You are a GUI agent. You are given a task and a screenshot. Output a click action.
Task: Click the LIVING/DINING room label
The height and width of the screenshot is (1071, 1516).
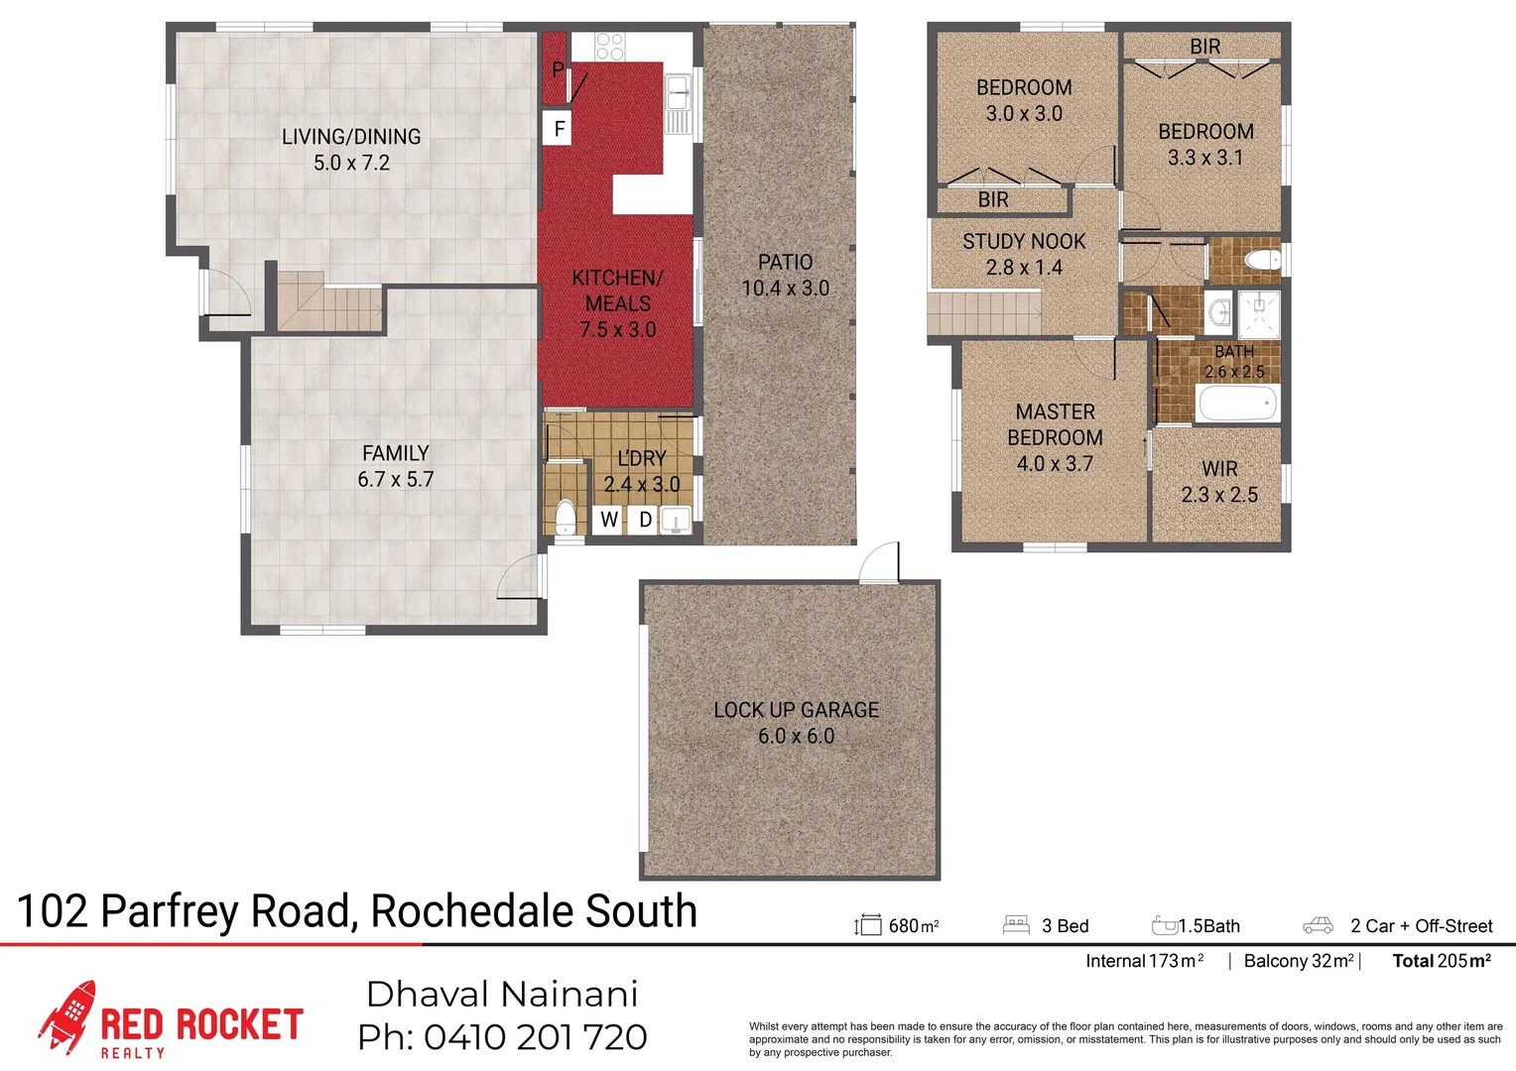point(351,137)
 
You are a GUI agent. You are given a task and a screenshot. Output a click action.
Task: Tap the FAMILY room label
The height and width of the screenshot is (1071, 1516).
point(395,453)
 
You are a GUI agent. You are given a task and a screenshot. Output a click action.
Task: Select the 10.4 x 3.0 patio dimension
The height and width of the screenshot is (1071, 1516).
point(785,289)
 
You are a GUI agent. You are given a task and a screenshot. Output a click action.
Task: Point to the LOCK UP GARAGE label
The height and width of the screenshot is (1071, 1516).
point(796,710)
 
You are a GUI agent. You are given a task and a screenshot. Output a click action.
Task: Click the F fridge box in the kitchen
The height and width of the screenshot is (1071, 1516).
point(559,129)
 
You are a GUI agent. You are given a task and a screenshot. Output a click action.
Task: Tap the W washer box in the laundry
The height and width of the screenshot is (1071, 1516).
point(608,519)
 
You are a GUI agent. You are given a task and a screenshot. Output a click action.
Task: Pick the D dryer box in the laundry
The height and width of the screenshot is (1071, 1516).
point(645,519)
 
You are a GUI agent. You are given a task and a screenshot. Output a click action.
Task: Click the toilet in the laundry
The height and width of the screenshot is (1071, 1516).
point(565,518)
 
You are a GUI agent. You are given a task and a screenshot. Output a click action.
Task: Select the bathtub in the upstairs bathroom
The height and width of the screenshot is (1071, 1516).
point(1237,404)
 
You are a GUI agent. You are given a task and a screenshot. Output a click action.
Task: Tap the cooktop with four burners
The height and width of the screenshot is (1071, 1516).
point(609,46)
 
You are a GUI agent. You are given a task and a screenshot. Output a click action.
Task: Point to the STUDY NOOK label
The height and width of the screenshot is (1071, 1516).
point(1023,242)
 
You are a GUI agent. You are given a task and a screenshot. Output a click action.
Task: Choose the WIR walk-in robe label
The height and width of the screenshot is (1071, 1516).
point(1219,469)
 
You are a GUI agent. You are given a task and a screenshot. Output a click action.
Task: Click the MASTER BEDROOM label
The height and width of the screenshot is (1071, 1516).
point(1055,424)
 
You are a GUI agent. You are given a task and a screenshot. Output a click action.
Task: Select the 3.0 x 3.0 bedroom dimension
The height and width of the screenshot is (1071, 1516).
point(1024,114)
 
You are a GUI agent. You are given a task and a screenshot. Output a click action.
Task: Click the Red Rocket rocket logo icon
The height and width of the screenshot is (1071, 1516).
point(68,1015)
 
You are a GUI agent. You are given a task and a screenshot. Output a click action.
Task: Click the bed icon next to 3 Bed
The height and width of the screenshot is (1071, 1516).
point(1016,925)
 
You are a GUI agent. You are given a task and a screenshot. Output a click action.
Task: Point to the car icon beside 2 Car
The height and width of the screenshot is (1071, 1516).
point(1318,925)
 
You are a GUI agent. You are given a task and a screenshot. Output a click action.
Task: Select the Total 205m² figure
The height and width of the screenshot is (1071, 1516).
point(1441,960)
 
